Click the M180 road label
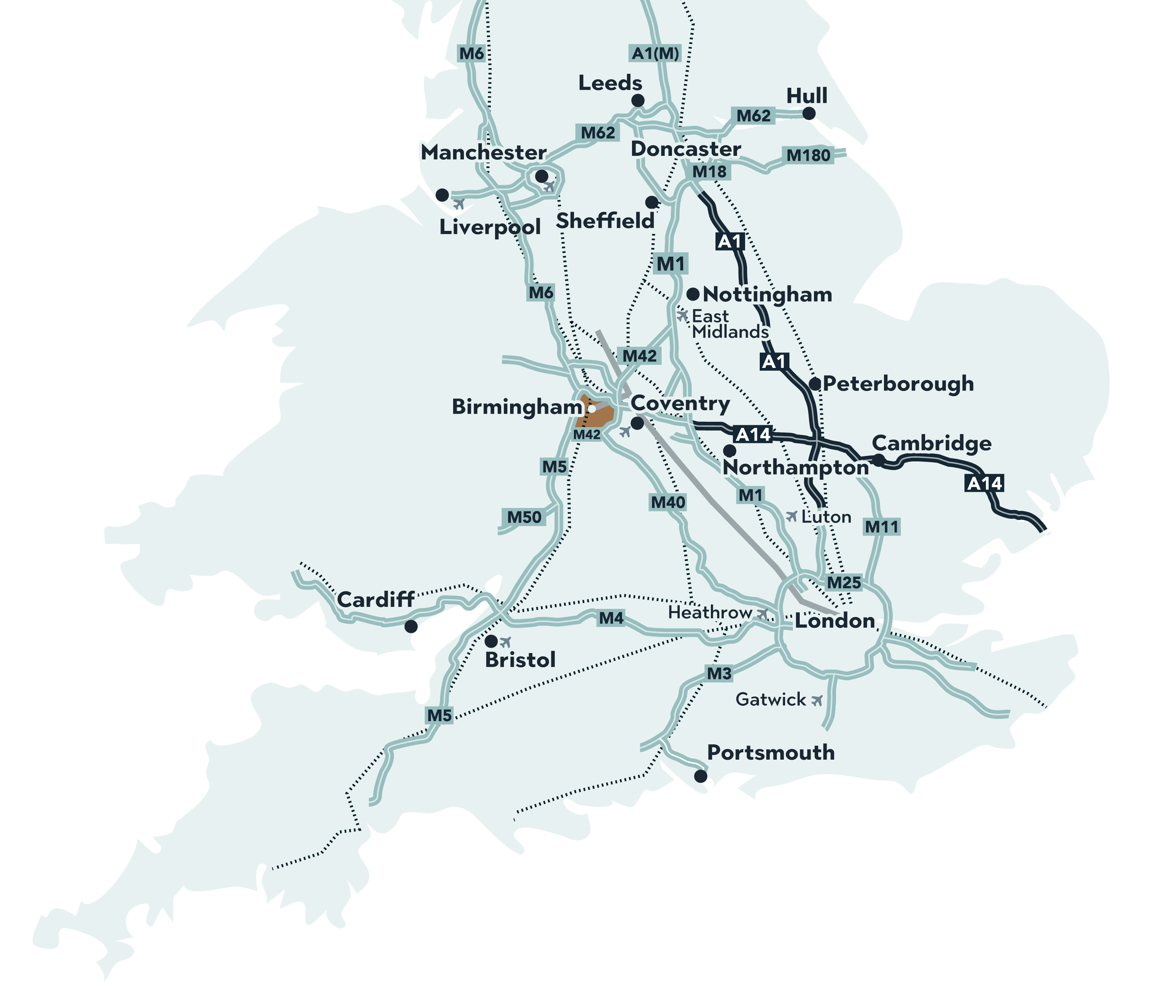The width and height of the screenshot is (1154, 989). click(808, 155)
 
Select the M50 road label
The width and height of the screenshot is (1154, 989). click(524, 517)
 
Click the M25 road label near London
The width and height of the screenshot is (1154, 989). click(844, 583)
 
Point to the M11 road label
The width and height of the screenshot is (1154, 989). click(881, 526)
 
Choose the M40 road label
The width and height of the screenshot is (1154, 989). click(668, 503)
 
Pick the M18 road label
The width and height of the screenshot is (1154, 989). click(709, 172)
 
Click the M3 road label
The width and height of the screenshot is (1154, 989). click(719, 673)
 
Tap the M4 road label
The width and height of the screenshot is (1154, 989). click(611, 618)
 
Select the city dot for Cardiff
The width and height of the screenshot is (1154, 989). click(411, 626)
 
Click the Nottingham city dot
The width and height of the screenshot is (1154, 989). click(693, 294)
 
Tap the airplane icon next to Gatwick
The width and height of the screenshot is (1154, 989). click(817, 700)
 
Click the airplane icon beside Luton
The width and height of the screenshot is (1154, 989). click(791, 516)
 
